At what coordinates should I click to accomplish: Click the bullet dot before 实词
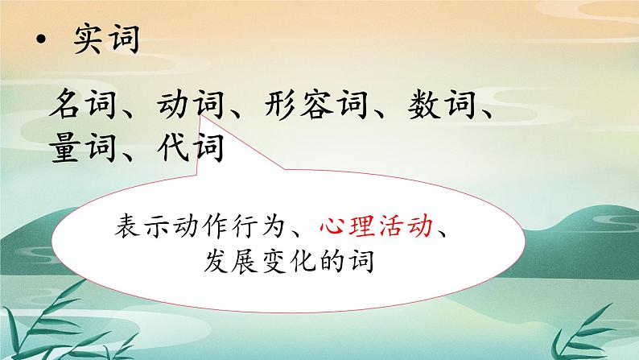pyautogui.click(x=38, y=41)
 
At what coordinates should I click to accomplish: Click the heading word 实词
pyautogui.click(x=105, y=38)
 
